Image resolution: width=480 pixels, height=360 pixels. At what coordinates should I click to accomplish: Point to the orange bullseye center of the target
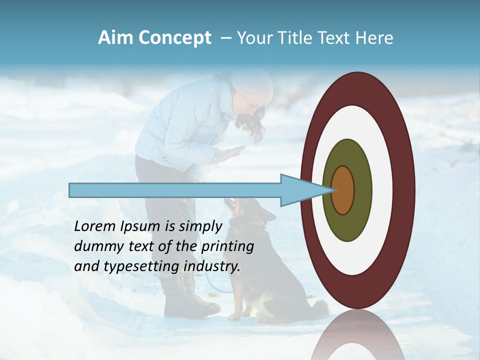(343, 190)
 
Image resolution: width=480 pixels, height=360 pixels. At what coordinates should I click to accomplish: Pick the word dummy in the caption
(96, 246)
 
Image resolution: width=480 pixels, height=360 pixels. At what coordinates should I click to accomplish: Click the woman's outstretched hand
(232, 152)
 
